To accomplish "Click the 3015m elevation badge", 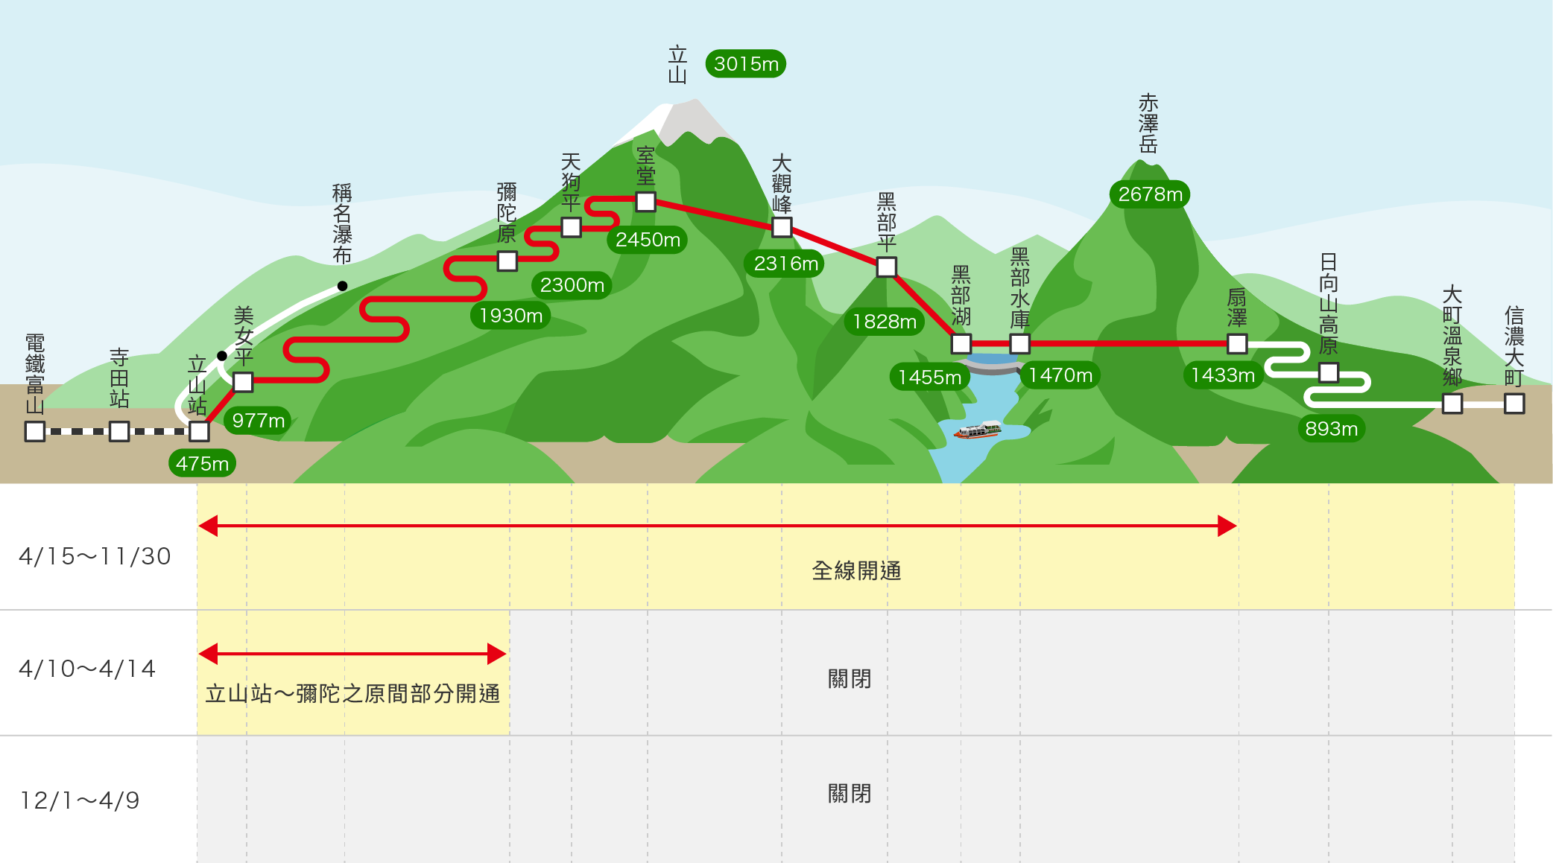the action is click(746, 64).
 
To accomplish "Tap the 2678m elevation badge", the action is click(1151, 194).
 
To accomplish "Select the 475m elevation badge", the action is click(202, 464).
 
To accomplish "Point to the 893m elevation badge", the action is click(1332, 429).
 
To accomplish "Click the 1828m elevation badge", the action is click(885, 322).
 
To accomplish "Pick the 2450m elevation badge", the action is click(648, 240).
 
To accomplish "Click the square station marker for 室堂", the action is click(646, 202).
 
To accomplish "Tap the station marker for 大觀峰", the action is click(782, 227).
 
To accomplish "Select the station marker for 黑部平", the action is click(887, 267).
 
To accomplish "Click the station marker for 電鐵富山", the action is click(35, 431).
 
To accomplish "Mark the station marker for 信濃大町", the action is click(1514, 404).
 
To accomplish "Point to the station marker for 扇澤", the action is click(1237, 343).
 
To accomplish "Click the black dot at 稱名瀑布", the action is click(342, 286).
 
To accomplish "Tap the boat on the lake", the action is click(978, 430).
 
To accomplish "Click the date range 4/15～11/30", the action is click(95, 556).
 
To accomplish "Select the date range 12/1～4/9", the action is click(80, 800).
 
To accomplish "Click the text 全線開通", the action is click(856, 571).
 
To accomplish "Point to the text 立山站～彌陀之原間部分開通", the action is click(352, 694).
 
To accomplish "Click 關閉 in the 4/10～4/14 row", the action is click(850, 679).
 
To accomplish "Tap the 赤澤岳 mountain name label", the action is click(1148, 123).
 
